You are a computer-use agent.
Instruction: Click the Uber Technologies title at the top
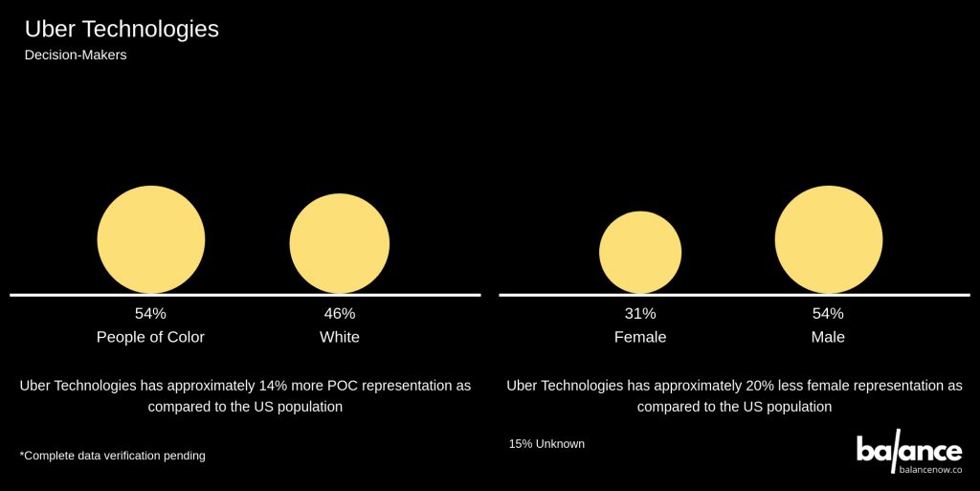122,30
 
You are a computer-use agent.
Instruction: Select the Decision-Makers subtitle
76,56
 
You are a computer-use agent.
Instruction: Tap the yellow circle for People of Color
151,239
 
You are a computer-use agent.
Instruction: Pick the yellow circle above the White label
340,243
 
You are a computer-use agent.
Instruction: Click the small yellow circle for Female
640,252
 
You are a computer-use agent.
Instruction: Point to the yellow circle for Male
829,239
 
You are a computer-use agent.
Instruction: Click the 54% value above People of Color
151,313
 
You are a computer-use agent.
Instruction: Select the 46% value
340,313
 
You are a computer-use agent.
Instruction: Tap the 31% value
640,313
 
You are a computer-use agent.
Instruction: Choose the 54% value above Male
829,313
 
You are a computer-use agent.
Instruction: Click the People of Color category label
151,337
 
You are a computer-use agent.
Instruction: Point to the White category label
340,337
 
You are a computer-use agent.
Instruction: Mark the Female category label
640,337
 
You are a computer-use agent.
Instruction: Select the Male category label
829,337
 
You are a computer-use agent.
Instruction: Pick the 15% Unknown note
546,444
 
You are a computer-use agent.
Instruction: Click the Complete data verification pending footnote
112,456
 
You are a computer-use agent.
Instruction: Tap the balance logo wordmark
908,450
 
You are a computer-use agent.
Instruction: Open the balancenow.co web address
930,470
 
